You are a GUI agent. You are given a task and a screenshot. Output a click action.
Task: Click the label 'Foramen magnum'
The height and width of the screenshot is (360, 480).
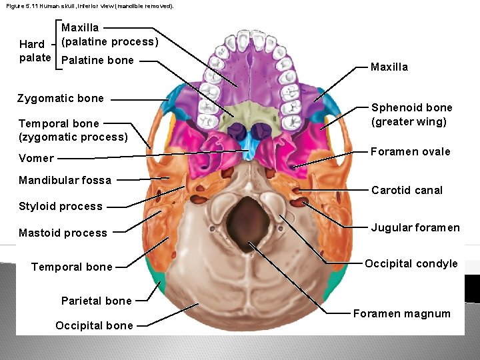pyautogui.click(x=401, y=313)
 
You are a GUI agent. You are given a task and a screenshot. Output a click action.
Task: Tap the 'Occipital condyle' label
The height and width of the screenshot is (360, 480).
pyautogui.click(x=411, y=263)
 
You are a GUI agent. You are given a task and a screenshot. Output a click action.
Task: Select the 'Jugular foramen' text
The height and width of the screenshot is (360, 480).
pyautogui.click(x=415, y=227)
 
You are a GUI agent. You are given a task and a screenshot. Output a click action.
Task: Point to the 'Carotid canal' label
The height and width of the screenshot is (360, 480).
pyautogui.click(x=407, y=190)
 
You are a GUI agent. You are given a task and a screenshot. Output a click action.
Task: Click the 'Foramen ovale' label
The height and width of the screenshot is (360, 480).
pyautogui.click(x=411, y=151)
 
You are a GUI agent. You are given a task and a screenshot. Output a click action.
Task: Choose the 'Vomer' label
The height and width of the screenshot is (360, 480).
pyautogui.click(x=36, y=158)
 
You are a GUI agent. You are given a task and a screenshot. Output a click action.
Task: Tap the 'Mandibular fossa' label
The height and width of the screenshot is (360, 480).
pyautogui.click(x=65, y=180)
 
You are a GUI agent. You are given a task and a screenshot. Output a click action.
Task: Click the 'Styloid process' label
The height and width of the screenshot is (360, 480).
pyautogui.click(x=61, y=206)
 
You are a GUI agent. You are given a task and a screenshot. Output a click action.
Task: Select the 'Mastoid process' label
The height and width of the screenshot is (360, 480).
pyautogui.click(x=63, y=233)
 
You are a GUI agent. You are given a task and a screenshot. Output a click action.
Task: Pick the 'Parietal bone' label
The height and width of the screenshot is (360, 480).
pyautogui.click(x=96, y=301)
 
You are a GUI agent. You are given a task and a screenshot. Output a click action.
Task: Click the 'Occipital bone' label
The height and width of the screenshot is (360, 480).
pyautogui.click(x=94, y=325)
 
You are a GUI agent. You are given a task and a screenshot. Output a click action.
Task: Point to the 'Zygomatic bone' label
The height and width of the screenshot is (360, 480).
pyautogui.click(x=61, y=98)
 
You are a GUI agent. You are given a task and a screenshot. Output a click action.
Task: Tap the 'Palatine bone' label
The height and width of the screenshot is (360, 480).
pyautogui.click(x=97, y=60)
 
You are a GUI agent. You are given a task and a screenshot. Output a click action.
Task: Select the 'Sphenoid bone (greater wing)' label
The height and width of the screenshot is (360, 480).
pyautogui.click(x=411, y=114)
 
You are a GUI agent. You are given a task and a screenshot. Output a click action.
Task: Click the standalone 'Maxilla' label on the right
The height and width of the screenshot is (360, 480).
pyautogui.click(x=389, y=67)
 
